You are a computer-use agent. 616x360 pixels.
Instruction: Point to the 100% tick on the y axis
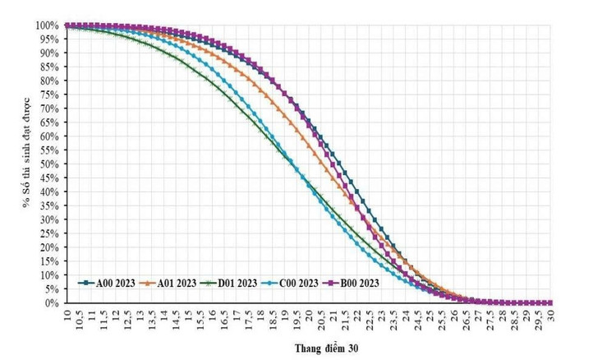[x=46, y=25]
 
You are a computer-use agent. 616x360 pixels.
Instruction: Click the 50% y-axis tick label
[x=48, y=164]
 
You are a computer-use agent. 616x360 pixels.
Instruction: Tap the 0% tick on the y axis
[x=51, y=303]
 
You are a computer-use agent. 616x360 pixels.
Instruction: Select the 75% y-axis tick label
[x=48, y=95]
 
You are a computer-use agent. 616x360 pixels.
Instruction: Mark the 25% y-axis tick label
[x=48, y=233]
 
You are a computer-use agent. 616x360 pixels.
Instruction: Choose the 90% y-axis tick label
[x=48, y=53]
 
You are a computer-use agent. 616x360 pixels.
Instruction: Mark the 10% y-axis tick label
[x=48, y=275]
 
